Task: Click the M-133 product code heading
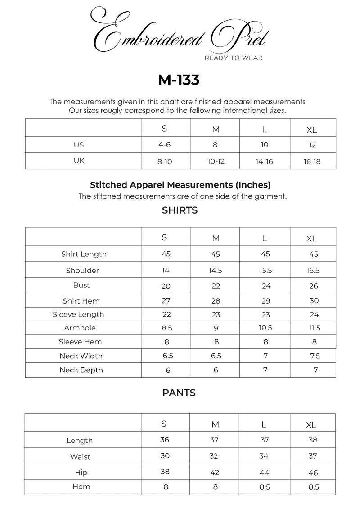179,80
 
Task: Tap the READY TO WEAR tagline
234,58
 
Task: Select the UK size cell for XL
312,161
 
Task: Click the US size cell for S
166,145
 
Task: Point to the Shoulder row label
82,271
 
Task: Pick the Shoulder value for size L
265,271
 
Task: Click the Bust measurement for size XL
314,286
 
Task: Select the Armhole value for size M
216,328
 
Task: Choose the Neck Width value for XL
315,356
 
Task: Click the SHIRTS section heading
180,210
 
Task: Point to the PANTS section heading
179,393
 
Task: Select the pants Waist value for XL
313,456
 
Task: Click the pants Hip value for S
165,472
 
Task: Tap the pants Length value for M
214,440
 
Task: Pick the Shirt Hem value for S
166,300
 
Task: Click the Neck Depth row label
81,370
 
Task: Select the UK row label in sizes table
79,161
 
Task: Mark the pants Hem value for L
264,487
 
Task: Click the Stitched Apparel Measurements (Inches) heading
180,185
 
